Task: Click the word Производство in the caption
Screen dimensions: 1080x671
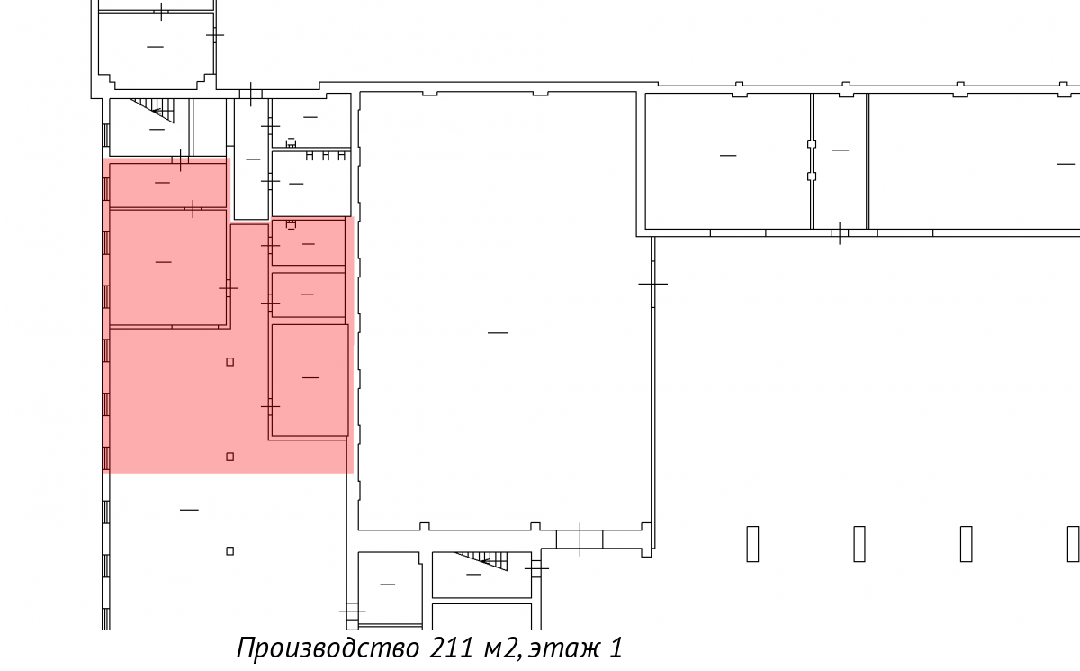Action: coord(328,648)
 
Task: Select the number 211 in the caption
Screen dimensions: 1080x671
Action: coord(451,648)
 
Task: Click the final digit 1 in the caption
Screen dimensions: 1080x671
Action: coord(616,648)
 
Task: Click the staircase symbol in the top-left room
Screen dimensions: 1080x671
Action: coord(152,111)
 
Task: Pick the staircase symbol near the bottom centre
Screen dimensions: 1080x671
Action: coord(481,561)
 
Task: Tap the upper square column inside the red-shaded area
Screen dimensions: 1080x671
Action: coord(230,362)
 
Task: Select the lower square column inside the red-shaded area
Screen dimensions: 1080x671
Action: coord(230,457)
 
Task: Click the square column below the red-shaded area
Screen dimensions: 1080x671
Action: coord(230,551)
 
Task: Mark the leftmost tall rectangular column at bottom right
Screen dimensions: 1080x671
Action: coord(752,544)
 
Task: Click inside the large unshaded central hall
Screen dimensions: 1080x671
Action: coord(498,309)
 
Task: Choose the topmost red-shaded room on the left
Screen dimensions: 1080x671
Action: coord(167,186)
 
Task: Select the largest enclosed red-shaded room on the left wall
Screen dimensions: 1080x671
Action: coord(167,267)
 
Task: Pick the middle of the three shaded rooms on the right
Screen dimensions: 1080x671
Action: coord(309,295)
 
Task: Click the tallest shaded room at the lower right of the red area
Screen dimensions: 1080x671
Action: coord(310,380)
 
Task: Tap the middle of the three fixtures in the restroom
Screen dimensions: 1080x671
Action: coord(326,156)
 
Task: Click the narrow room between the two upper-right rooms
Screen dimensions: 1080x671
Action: coord(841,161)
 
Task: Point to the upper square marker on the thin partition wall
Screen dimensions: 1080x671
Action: coord(812,144)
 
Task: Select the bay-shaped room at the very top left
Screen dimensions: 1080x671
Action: coord(157,50)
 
